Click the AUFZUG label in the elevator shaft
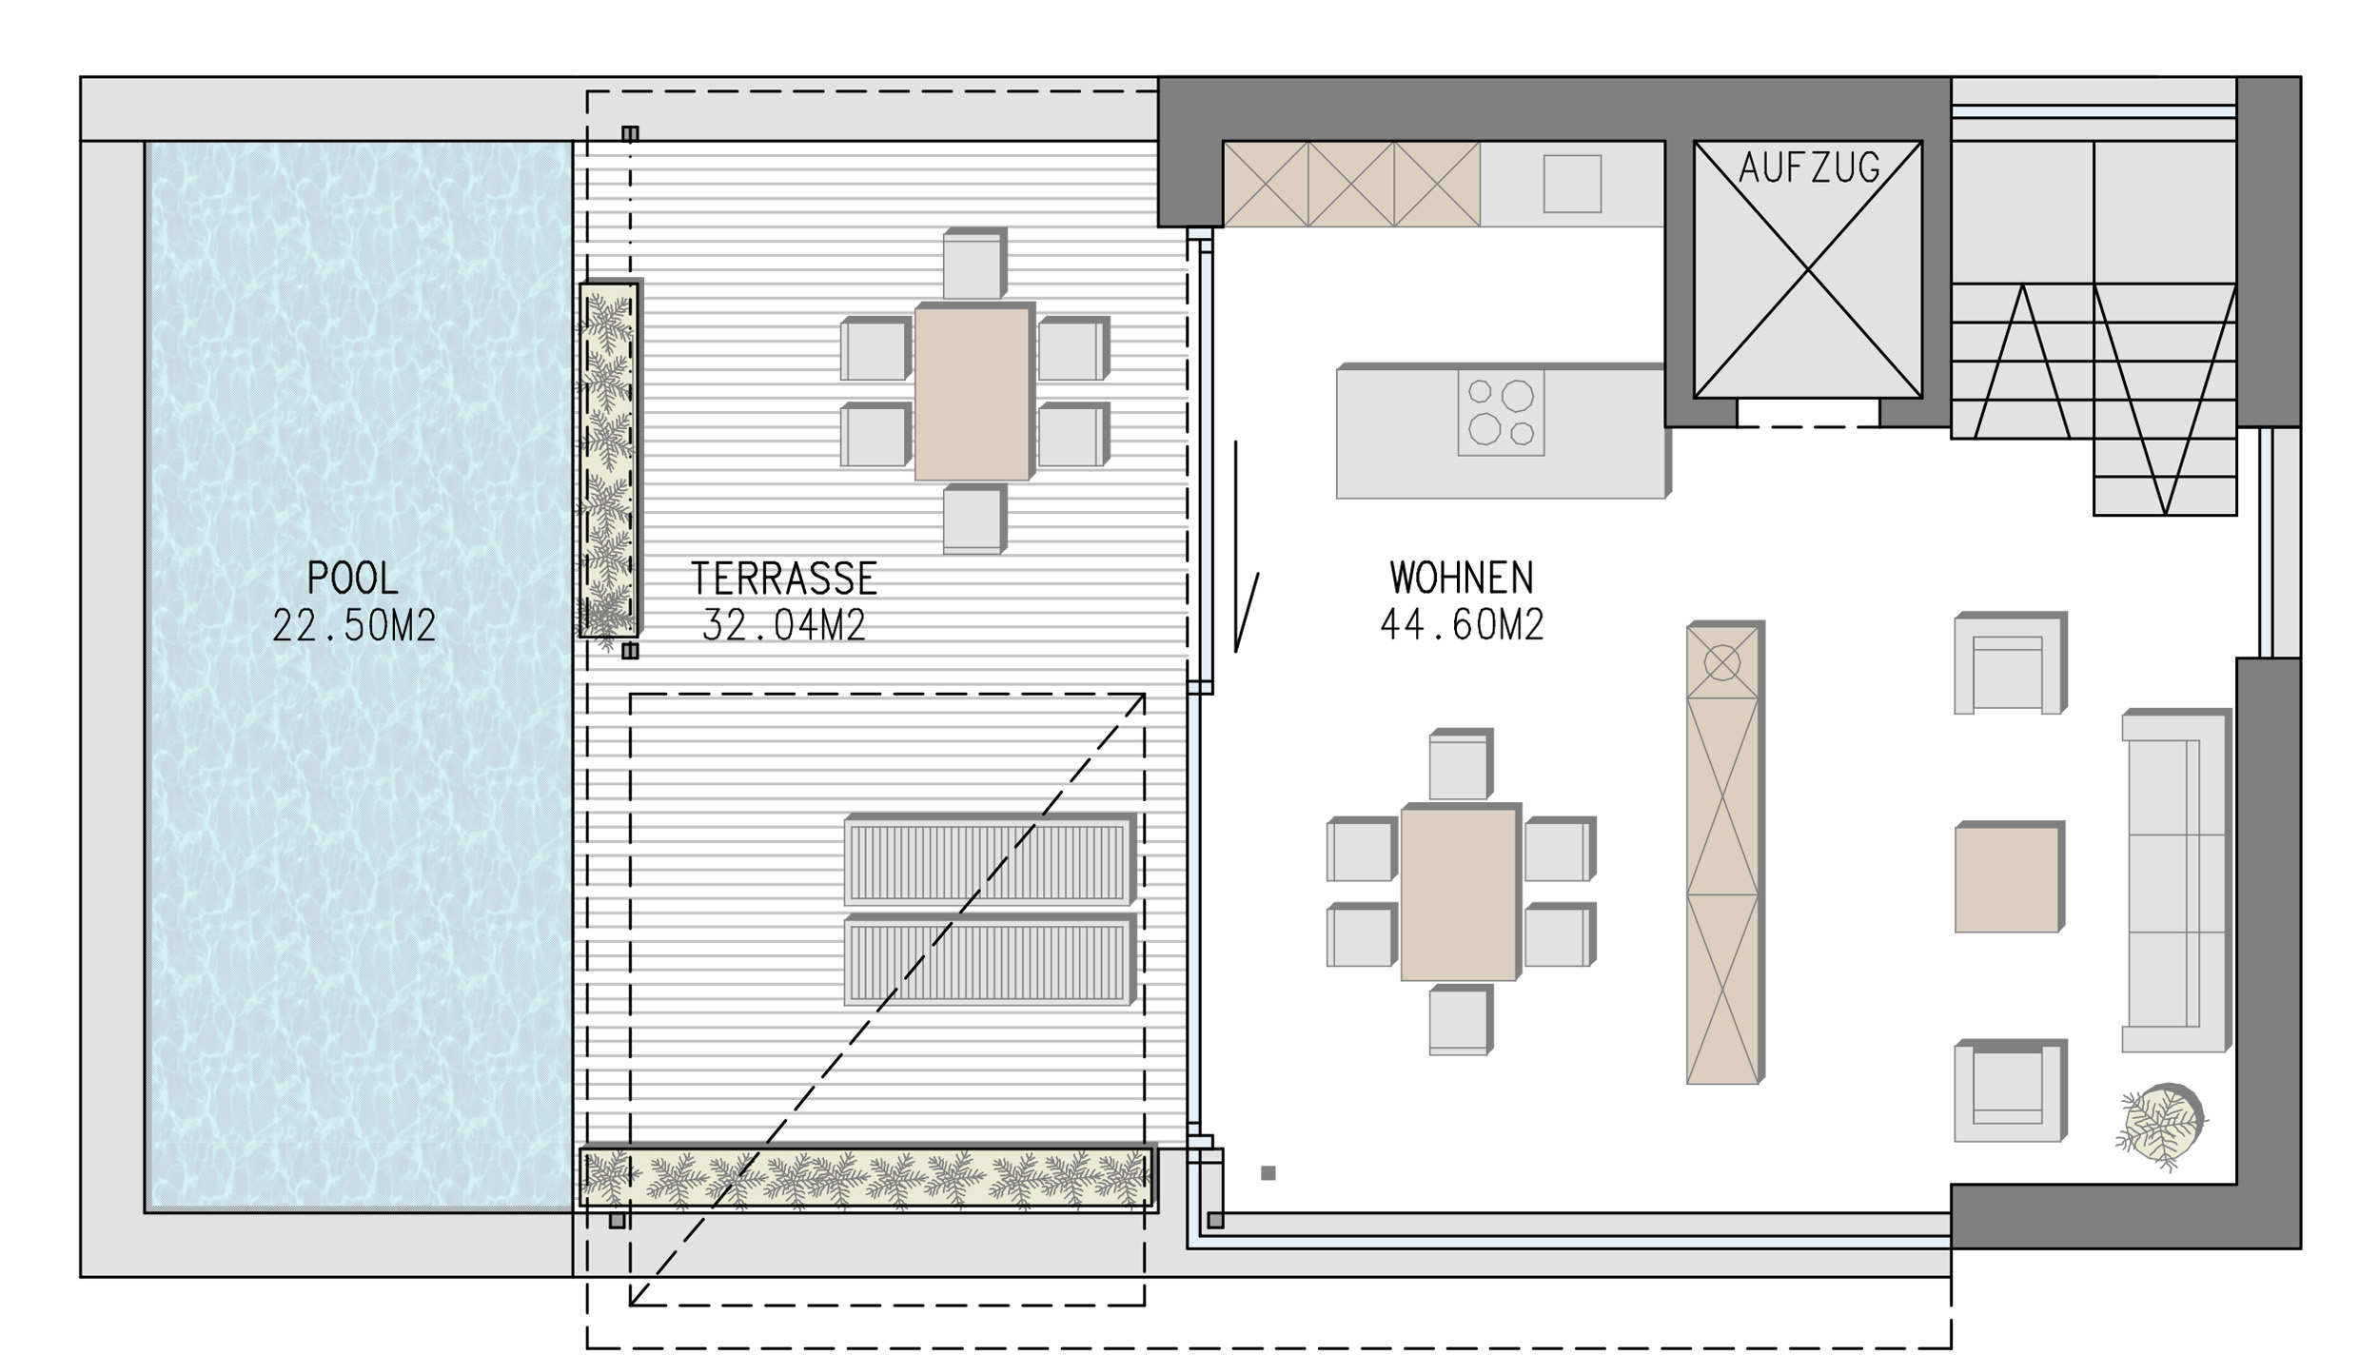[1809, 168]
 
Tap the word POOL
[352, 578]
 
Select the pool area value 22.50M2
[354, 625]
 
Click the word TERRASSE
[783, 578]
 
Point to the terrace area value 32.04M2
[783, 625]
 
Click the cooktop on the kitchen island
[1501, 413]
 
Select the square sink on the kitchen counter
[1572, 184]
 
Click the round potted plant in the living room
[2162, 1127]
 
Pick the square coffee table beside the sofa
[2010, 877]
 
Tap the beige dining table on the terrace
[973, 392]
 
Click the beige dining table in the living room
[1461, 893]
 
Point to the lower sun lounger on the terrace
[990, 960]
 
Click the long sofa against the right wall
[2176, 880]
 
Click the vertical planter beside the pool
[609, 460]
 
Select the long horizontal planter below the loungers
[868, 1178]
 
